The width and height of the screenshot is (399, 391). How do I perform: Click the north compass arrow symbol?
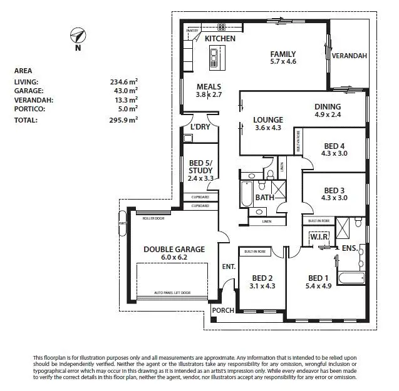coord(78,36)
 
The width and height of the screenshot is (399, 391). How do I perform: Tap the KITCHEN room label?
coord(220,39)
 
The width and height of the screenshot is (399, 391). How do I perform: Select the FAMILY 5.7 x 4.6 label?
coord(282,58)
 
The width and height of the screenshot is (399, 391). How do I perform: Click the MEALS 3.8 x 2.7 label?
coord(209,91)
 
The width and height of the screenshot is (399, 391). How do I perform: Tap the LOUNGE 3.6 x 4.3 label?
coord(267,124)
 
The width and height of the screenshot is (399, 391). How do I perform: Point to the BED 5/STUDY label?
coord(200,170)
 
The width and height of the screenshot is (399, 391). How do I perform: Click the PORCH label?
coord(223,311)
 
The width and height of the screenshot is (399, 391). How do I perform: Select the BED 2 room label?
coord(262,282)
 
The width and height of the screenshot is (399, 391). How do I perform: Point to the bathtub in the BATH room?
coord(244,196)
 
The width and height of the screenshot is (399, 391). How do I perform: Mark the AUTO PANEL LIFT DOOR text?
coord(173,292)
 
